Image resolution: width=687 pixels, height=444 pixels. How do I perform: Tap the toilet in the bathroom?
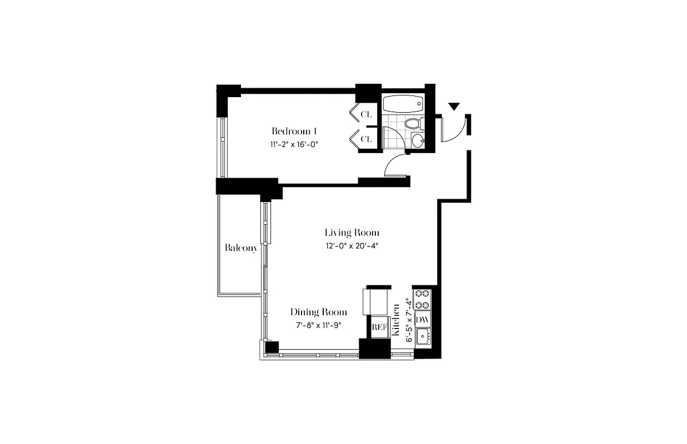[413, 123]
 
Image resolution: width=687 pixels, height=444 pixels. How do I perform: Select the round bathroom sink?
[417, 140]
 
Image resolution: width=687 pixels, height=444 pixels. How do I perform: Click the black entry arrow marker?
[454, 107]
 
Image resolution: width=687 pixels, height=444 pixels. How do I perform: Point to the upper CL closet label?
[366, 114]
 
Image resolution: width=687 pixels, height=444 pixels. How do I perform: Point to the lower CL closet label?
[366, 139]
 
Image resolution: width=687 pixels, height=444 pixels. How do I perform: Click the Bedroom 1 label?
[294, 132]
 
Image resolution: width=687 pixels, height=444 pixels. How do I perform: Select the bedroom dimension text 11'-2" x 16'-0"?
[294, 144]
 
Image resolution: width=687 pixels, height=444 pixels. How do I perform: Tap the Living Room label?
[352, 233]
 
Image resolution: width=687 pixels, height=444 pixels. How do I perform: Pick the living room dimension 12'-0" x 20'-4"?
[352, 245]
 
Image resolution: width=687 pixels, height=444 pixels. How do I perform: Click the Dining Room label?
[319, 312]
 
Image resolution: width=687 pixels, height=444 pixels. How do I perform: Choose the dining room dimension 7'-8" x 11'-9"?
[319, 325]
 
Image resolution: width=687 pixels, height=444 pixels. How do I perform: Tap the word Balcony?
[241, 248]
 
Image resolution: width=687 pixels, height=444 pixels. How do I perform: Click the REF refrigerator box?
[379, 327]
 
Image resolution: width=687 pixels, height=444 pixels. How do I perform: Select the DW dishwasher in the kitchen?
[423, 319]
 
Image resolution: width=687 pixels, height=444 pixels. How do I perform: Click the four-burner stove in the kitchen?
[422, 299]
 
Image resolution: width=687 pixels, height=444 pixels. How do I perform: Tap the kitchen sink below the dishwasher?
[423, 336]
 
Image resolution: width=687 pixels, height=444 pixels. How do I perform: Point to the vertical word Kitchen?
[396, 320]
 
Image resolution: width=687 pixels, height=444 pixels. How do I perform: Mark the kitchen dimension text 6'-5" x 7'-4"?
[409, 321]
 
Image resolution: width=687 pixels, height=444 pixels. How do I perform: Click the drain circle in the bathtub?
[419, 104]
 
